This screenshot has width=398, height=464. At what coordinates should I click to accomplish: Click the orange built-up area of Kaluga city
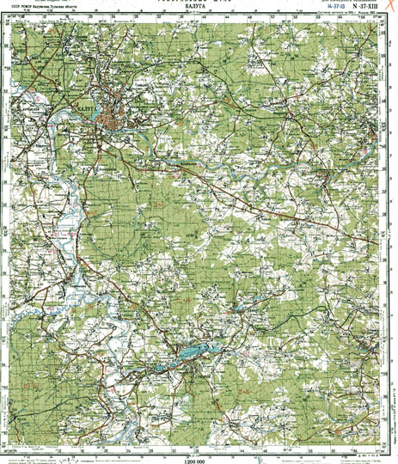point(112,119)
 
